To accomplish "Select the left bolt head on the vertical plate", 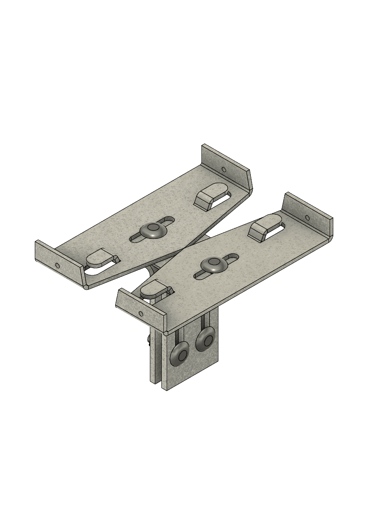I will [179, 354].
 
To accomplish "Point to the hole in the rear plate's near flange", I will [57, 266].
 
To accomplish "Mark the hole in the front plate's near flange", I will [141, 313].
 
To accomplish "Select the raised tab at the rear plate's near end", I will [100, 258].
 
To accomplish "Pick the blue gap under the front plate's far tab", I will [275, 231].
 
